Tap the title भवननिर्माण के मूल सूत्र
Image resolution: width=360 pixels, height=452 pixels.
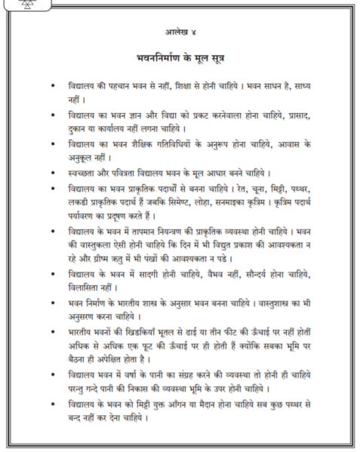(180, 57)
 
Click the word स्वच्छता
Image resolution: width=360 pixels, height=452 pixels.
(83, 172)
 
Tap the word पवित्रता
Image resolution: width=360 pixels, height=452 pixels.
(127, 172)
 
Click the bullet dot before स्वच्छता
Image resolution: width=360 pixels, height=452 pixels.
(51, 172)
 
